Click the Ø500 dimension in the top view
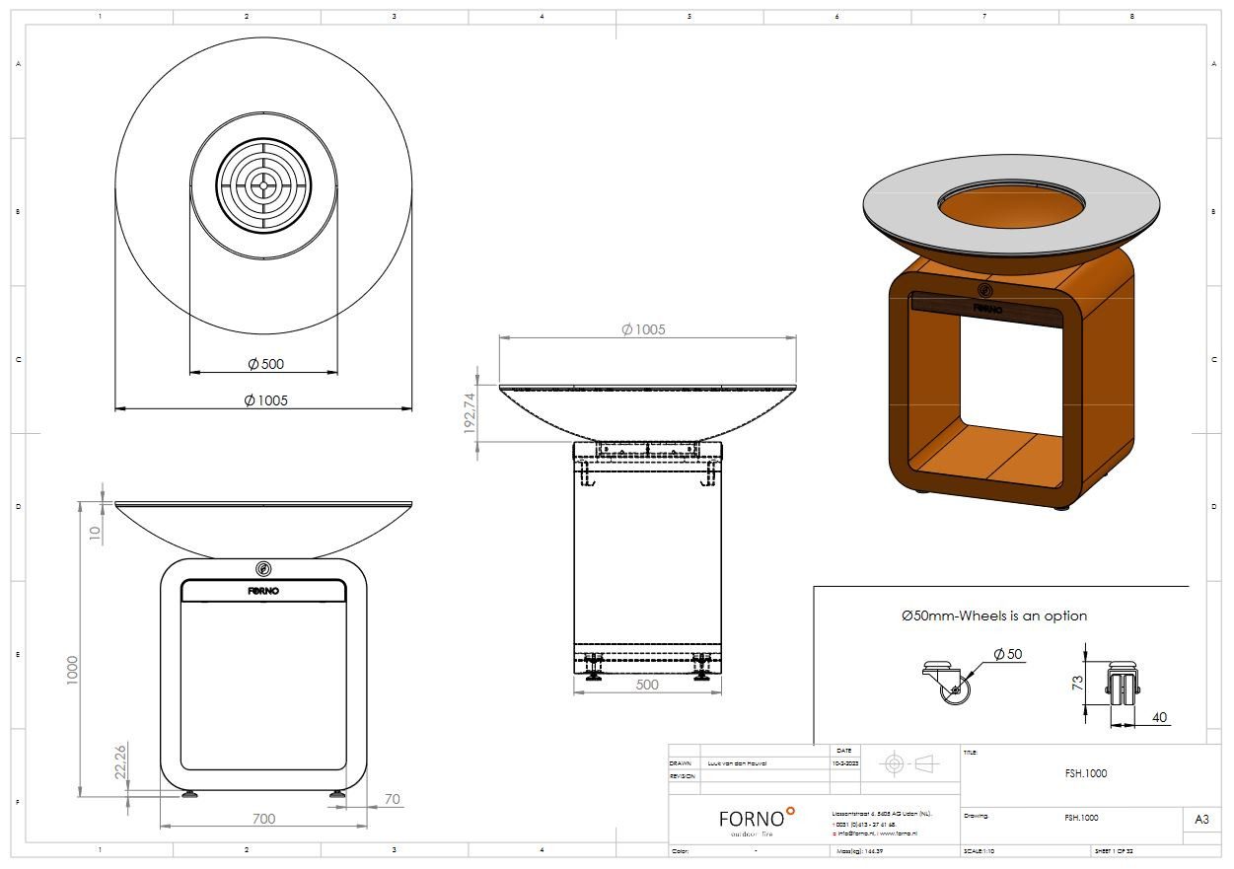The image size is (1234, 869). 265,364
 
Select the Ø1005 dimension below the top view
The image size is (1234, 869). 265,399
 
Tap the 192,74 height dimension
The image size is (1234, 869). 469,413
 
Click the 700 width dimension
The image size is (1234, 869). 263,818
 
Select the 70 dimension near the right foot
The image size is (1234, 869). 393,799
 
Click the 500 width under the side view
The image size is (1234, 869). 646,685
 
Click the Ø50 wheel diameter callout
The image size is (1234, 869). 1007,654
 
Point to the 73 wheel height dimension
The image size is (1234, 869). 1077,681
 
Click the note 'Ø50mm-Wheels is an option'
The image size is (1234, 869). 993,616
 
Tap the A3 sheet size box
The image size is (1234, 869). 1200,819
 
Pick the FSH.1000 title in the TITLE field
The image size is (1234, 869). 1085,773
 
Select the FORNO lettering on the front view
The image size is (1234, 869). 263,591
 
